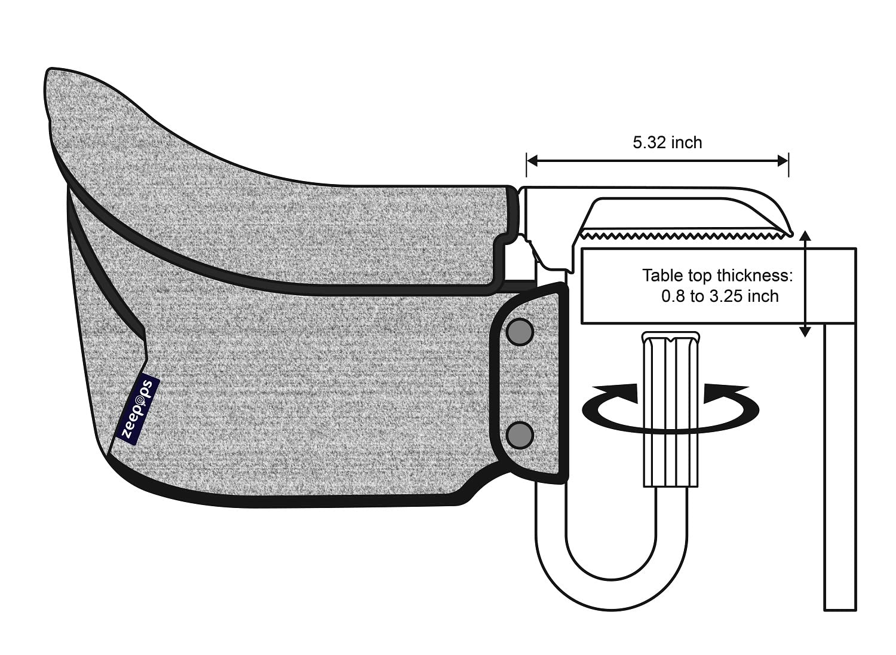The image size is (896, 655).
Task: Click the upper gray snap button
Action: tap(520, 332)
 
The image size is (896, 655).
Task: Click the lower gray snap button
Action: tap(520, 434)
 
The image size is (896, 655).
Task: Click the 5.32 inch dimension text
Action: tap(667, 142)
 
